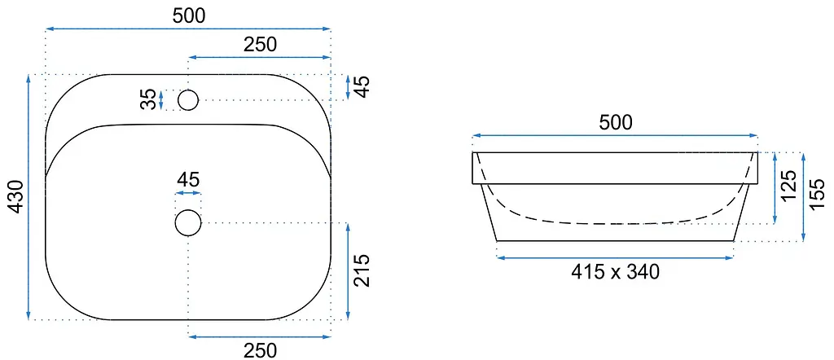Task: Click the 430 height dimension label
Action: (x=16, y=197)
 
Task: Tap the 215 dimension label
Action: (x=361, y=270)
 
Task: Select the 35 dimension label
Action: (x=150, y=99)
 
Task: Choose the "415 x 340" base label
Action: (x=615, y=272)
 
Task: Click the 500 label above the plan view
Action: (x=189, y=16)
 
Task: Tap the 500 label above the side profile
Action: (x=616, y=123)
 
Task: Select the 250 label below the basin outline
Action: (x=261, y=350)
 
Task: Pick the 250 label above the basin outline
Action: (x=261, y=45)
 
